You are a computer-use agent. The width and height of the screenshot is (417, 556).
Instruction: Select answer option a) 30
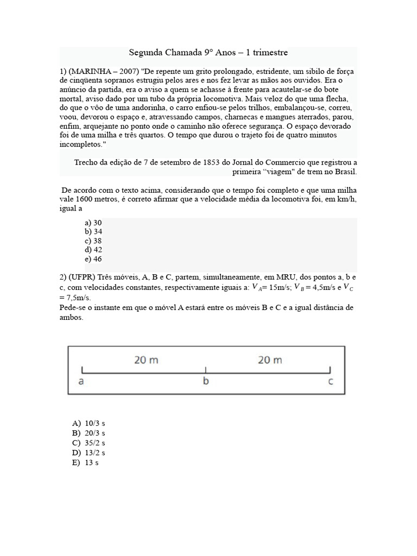tap(93, 223)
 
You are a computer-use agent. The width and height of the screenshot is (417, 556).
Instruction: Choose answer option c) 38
tap(93, 241)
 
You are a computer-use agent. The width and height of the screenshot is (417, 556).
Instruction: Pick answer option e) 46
tap(93, 259)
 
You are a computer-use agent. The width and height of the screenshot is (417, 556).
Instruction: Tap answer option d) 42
tap(93, 250)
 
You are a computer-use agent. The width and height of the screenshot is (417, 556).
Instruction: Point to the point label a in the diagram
tap(81, 381)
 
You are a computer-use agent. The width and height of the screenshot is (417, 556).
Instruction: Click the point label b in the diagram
tap(206, 381)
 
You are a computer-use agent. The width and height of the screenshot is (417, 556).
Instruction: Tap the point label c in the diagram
tap(331, 381)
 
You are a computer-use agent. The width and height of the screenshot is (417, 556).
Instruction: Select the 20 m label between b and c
tap(270, 360)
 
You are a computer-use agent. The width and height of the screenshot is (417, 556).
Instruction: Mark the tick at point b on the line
tap(206, 371)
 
